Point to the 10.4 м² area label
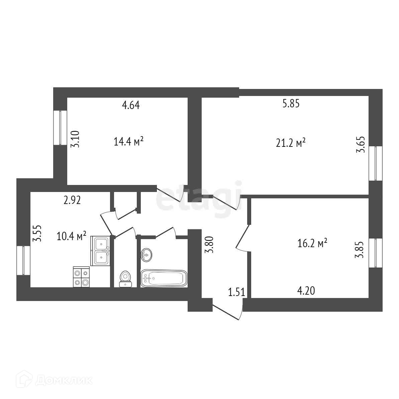coord(72,237)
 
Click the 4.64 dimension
coord(130,105)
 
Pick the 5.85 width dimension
coord(291,104)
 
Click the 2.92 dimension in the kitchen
coord(73,200)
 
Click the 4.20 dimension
coord(306,291)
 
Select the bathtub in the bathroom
coord(163,278)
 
